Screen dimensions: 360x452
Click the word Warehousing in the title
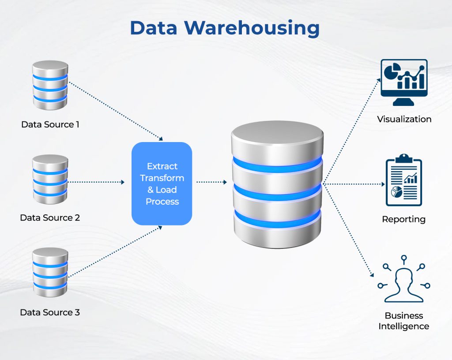pyautogui.click(x=252, y=28)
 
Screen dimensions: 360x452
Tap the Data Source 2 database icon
pyautogui.click(x=50, y=179)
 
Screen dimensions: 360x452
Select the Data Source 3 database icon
pyautogui.click(x=50, y=272)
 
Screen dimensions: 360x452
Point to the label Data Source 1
pyautogui.click(x=50, y=124)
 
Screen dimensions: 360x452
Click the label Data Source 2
pyautogui.click(x=50, y=217)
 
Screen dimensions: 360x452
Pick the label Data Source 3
pyautogui.click(x=50, y=312)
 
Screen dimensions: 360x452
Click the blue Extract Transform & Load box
pyautogui.click(x=162, y=183)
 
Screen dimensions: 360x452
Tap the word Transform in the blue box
pyautogui.click(x=162, y=178)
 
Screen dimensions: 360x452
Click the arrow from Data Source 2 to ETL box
pyautogui.click(x=97, y=182)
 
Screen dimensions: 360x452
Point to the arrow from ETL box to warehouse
pyautogui.click(x=211, y=182)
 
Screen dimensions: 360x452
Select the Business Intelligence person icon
pyautogui.click(x=404, y=280)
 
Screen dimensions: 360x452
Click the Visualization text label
pyautogui.click(x=404, y=119)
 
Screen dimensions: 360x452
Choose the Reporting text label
pyautogui.click(x=404, y=219)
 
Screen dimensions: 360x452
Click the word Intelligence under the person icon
pyautogui.click(x=404, y=326)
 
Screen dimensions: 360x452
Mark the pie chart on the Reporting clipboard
pyautogui.click(x=395, y=192)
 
